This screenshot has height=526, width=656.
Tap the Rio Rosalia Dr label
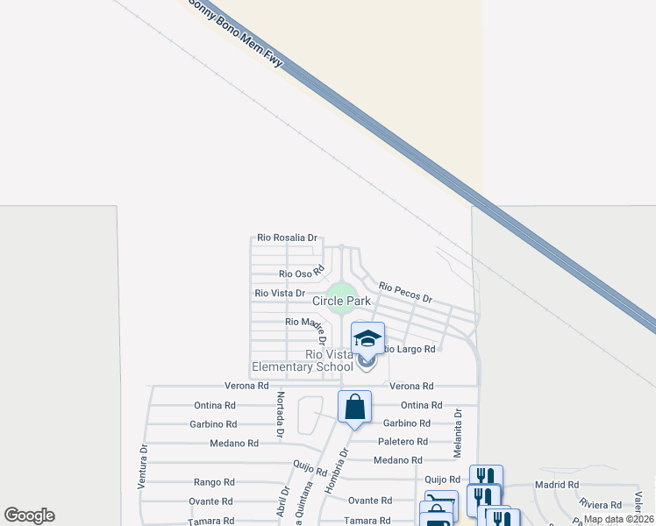(x=287, y=238)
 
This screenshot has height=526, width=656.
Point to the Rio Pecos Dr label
(x=405, y=292)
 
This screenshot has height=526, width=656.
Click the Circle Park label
(x=342, y=301)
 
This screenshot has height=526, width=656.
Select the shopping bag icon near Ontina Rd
(x=354, y=407)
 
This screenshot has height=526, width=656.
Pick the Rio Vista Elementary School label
(x=303, y=360)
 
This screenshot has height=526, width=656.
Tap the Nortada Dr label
(x=280, y=416)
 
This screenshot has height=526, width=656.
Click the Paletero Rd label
(x=403, y=442)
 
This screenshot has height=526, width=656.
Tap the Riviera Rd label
(x=600, y=504)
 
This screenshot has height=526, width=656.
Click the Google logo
(x=29, y=515)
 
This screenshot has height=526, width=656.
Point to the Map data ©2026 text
(x=618, y=519)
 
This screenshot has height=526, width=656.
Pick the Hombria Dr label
(x=336, y=471)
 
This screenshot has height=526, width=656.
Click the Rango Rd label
(x=214, y=482)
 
